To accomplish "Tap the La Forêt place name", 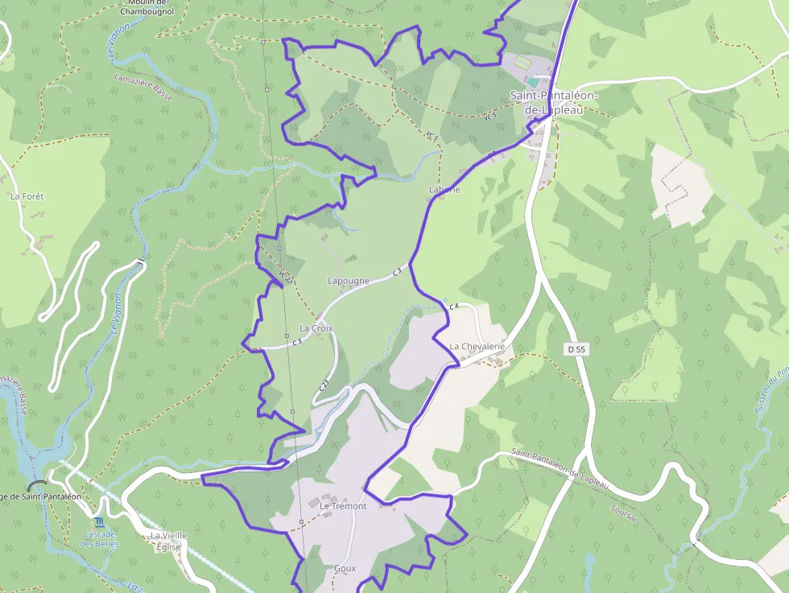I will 27,196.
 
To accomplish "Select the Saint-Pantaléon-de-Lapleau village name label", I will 553,102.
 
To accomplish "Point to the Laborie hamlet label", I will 444,190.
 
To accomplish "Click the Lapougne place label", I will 349,281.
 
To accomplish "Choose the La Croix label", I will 316,328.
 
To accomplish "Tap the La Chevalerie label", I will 477,346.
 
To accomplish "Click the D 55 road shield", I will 576,349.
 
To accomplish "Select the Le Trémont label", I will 343,506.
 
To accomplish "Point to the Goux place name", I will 345,568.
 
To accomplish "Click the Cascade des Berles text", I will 99,539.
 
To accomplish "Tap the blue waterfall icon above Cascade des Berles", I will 99,523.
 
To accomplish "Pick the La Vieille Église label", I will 167,540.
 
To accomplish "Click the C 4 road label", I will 453,306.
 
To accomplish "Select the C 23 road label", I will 324,385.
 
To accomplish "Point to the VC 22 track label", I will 283,275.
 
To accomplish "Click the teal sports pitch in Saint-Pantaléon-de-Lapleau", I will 533,81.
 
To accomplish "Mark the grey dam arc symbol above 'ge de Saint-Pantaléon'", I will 37,485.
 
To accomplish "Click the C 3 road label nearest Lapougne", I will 396,273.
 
